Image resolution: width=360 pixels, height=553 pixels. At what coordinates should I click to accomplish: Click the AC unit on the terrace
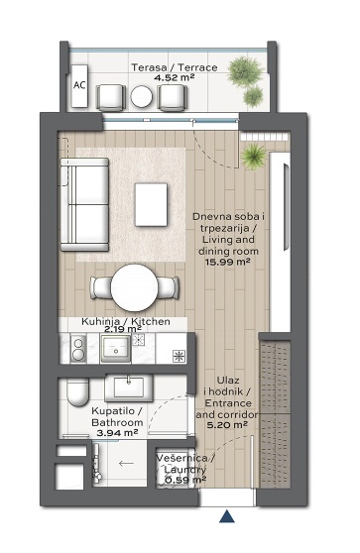(x=79, y=85)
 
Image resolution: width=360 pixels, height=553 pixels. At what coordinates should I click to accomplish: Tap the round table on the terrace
(x=142, y=97)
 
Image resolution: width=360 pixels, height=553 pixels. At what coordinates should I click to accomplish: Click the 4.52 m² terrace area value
(x=175, y=77)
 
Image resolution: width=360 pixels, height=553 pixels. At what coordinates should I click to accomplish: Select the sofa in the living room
(x=84, y=204)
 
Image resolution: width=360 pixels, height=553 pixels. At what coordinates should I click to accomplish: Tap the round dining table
(x=134, y=287)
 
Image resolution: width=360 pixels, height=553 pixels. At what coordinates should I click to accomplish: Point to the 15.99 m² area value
(x=228, y=262)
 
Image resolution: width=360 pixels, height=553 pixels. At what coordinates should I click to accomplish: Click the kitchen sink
(x=116, y=348)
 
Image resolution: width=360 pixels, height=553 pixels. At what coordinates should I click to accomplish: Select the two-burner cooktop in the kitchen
(x=78, y=348)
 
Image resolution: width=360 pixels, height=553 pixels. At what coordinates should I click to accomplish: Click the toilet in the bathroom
(x=77, y=392)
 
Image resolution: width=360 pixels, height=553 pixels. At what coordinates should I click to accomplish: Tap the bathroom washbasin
(x=129, y=387)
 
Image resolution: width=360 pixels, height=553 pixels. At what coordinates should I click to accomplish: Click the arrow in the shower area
(x=126, y=463)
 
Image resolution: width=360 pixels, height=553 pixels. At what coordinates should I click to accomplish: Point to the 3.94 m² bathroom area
(x=117, y=433)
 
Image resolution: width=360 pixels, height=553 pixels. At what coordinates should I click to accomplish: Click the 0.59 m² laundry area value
(x=185, y=480)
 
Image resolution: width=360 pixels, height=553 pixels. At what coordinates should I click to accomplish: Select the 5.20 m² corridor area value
(x=227, y=425)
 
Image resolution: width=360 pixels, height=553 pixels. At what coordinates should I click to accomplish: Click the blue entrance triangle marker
(x=227, y=516)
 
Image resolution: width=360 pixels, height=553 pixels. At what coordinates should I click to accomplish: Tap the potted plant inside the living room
(x=253, y=157)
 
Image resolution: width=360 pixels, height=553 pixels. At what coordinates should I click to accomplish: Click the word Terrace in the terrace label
(x=197, y=67)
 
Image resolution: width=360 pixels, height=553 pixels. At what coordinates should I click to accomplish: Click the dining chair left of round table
(x=101, y=287)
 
